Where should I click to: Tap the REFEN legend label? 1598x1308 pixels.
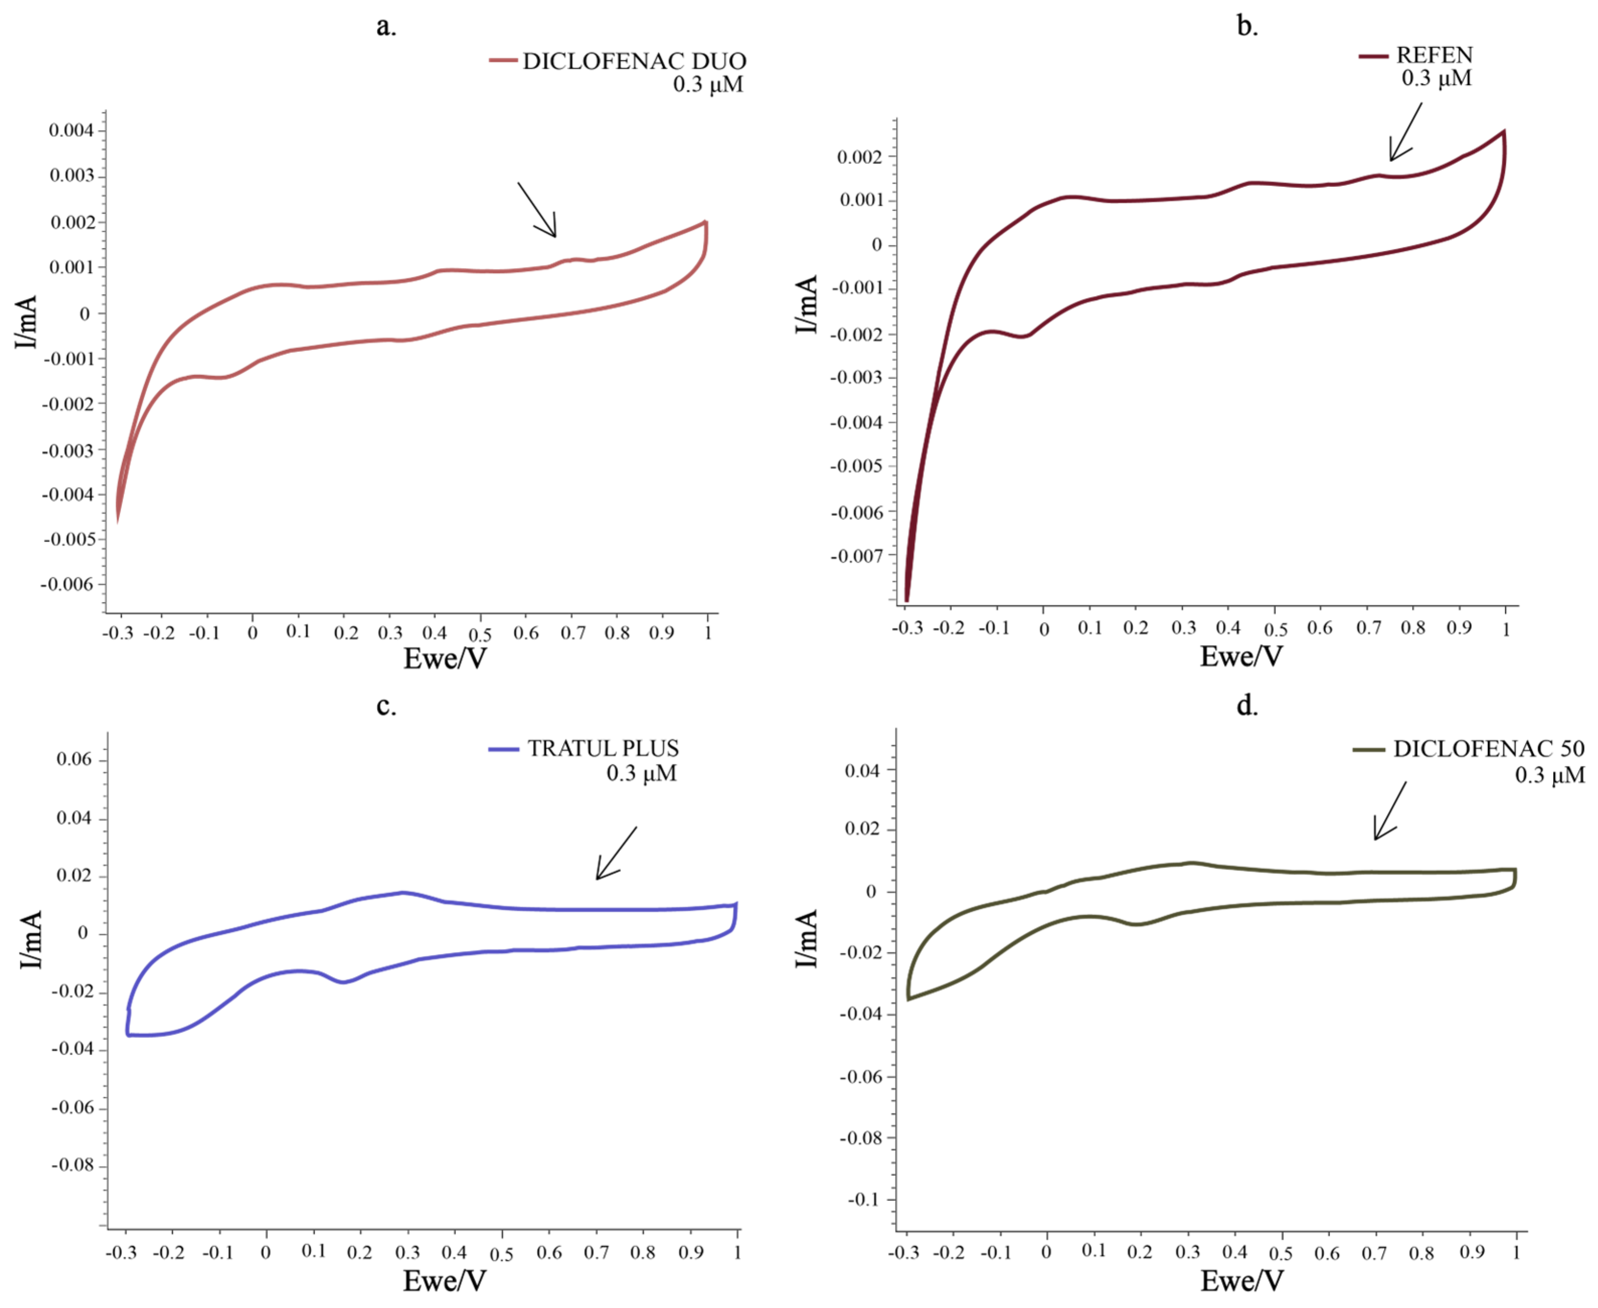coord(1434,55)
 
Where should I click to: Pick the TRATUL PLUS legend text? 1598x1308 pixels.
coord(603,748)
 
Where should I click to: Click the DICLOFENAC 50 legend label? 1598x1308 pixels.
coord(1488,748)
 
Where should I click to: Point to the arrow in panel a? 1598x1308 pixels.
coord(537,210)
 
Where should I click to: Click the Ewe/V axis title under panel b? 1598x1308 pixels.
coord(1241,657)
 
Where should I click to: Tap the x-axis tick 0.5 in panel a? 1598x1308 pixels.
coord(480,635)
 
